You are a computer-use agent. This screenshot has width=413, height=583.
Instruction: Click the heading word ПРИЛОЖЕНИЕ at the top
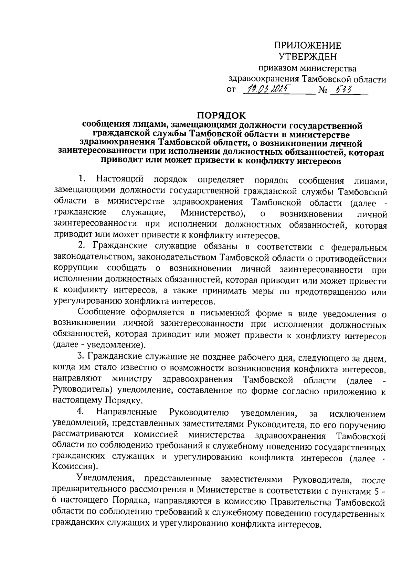(308, 45)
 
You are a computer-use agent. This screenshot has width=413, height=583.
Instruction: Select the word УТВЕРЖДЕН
(308, 56)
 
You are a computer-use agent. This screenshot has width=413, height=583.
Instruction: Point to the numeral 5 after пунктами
(376, 491)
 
